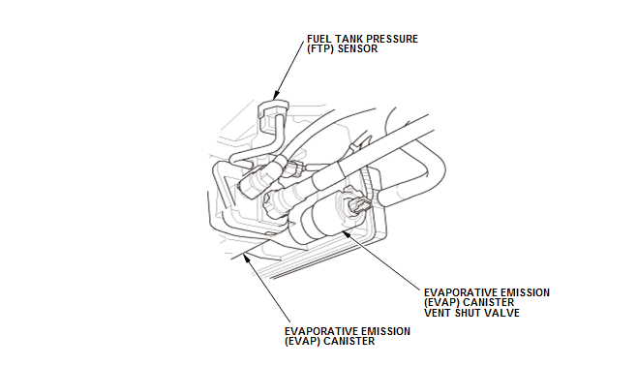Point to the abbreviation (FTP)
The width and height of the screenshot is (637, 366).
coord(321,48)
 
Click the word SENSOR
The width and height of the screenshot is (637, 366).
coord(357,48)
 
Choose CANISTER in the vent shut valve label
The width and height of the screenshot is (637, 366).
coord(488,303)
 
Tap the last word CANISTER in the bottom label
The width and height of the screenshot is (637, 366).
coord(349,341)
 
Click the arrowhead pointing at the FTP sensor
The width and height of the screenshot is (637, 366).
coord(276,96)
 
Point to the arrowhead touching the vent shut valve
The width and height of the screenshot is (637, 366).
coord(346,232)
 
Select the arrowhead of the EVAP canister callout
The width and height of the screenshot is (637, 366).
coord(247,258)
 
